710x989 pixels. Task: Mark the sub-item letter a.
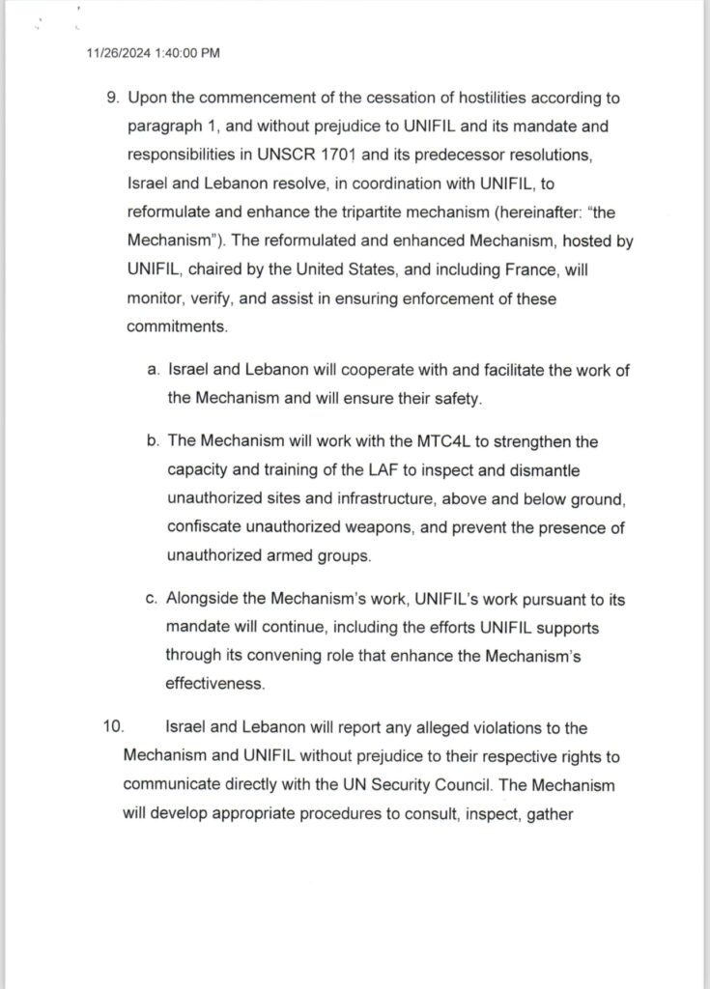click(153, 369)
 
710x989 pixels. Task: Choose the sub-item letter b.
click(153, 441)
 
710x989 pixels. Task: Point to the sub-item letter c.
click(153, 600)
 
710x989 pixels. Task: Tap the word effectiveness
click(214, 683)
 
